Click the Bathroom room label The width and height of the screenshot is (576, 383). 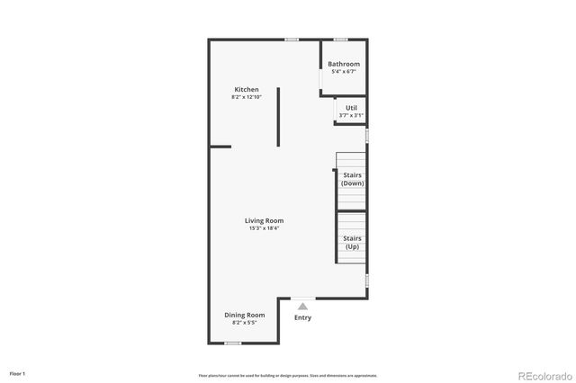tap(344, 64)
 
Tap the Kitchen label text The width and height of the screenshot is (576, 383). tap(247, 89)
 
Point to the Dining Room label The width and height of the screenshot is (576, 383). tap(245, 315)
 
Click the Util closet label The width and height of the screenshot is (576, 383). tap(351, 108)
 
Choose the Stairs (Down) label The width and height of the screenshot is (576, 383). tap(352, 179)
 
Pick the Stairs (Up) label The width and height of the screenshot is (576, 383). tap(352, 242)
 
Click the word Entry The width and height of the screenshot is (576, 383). tap(302, 317)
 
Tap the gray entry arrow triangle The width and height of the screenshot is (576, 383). tap(302, 307)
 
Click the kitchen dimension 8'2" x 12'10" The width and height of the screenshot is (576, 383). tap(247, 97)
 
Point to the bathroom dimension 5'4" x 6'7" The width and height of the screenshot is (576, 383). tap(344, 72)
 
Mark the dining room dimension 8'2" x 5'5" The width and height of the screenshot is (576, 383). tap(245, 322)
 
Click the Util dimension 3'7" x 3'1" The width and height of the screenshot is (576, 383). tap(351, 115)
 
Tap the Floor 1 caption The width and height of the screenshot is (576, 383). tap(18, 372)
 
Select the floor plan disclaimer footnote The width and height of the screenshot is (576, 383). tap(288, 376)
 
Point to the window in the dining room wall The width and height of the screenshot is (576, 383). tap(232, 343)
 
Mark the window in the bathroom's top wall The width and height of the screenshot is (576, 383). tap(341, 40)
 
